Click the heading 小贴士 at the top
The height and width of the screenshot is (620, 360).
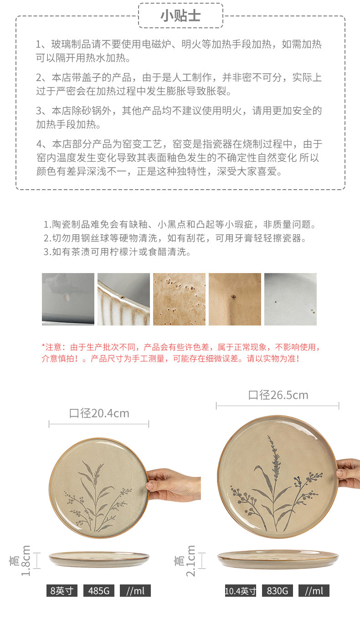point(180,16)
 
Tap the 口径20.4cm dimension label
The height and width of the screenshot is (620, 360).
point(99,413)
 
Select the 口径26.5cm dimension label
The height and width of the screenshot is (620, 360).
point(278,395)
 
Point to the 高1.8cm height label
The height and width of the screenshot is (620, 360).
point(20,561)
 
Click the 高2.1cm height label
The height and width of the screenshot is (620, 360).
point(185,561)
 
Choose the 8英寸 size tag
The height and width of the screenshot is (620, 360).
point(62,591)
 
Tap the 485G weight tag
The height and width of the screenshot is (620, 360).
point(99,591)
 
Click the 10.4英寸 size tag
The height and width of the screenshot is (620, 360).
point(241,591)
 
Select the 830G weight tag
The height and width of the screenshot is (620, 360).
point(277,591)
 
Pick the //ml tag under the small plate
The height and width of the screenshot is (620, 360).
point(135,591)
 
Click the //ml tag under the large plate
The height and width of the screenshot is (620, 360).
point(314,591)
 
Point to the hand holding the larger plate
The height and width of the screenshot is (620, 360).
point(348,474)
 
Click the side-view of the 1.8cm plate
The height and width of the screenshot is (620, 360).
point(99,559)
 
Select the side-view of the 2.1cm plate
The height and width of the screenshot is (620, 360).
point(278,559)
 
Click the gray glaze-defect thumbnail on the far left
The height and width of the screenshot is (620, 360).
point(68,299)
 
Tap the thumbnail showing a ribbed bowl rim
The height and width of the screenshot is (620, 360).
point(123,299)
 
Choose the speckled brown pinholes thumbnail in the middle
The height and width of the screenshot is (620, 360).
point(179,299)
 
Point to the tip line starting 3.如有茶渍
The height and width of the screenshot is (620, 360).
point(117,252)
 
